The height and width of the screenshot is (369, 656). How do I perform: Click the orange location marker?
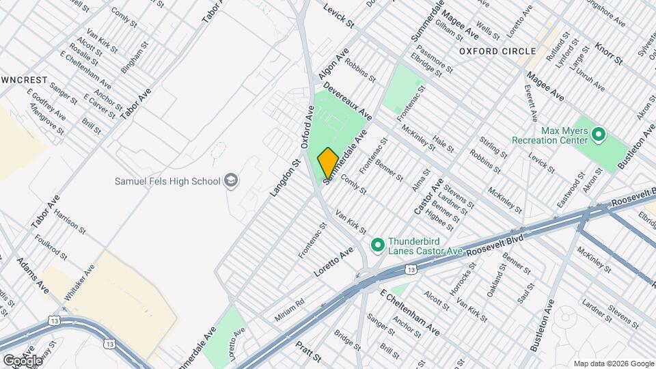pyautogui.click(x=327, y=163)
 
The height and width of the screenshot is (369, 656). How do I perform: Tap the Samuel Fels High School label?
pyautogui.click(x=167, y=181)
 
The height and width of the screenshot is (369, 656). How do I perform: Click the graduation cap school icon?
pyautogui.click(x=232, y=180)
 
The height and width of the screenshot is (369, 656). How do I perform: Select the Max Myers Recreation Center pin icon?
pyautogui.click(x=599, y=134)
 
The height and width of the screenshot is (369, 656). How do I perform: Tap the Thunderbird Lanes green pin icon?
pyautogui.click(x=377, y=244)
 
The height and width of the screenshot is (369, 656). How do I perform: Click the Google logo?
pyautogui.click(x=23, y=360)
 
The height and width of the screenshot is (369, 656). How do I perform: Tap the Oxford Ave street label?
pyautogui.click(x=307, y=128)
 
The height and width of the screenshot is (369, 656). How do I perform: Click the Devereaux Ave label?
pyautogui.click(x=348, y=100)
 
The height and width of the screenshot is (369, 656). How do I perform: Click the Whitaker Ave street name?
pyautogui.click(x=79, y=282)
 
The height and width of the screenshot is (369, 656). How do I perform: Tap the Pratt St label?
pyautogui.click(x=308, y=355)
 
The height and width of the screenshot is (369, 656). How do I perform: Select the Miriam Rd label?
pyautogui.click(x=289, y=312)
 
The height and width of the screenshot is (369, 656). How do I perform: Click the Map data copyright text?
pyautogui.click(x=613, y=363)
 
